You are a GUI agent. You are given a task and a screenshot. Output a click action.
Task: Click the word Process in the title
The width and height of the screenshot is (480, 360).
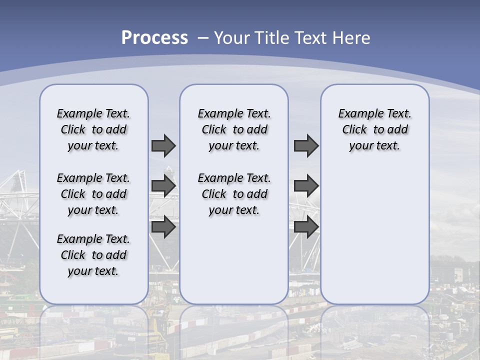(x=154, y=38)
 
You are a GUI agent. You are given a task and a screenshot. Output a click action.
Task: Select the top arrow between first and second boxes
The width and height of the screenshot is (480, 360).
(x=163, y=145)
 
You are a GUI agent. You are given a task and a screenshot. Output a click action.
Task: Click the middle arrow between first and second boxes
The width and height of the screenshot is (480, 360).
(x=163, y=186)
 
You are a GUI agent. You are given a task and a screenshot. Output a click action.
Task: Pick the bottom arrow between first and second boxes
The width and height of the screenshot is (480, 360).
(x=163, y=226)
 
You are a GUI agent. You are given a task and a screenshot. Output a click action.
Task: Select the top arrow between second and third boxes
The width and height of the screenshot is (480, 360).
(x=306, y=145)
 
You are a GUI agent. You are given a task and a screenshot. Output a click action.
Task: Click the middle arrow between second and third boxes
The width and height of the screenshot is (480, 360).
(x=306, y=186)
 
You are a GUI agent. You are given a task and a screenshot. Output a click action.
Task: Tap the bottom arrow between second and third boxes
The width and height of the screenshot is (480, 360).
(x=306, y=226)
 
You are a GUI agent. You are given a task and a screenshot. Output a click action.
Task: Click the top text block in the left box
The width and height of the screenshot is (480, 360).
(x=93, y=129)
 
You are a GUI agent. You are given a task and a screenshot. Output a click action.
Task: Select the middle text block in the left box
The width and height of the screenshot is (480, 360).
(x=93, y=194)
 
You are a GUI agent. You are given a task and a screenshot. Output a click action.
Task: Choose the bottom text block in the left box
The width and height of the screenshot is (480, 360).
(x=93, y=255)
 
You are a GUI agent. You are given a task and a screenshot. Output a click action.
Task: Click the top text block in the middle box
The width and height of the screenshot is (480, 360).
(x=234, y=129)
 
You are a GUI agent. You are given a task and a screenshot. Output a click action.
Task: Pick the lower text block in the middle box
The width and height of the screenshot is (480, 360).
(x=234, y=194)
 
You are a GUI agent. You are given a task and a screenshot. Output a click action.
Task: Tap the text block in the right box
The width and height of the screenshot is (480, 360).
(x=374, y=129)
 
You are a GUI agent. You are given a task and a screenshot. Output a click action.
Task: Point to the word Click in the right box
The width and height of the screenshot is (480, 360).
(x=354, y=130)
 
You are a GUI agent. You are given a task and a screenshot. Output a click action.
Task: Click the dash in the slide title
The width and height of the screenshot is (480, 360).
(x=202, y=38)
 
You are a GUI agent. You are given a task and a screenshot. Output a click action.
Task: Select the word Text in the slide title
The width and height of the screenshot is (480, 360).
(x=307, y=38)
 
